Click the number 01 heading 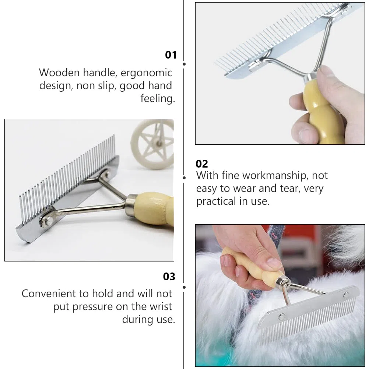tap(171, 55)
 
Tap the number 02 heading tap(202, 164)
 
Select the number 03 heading tap(169, 277)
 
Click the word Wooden tap(59, 73)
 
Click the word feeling tap(158, 98)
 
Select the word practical tap(216, 202)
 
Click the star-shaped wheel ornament tap(152, 144)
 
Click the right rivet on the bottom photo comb tap(346, 295)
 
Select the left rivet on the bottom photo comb tap(281, 316)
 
